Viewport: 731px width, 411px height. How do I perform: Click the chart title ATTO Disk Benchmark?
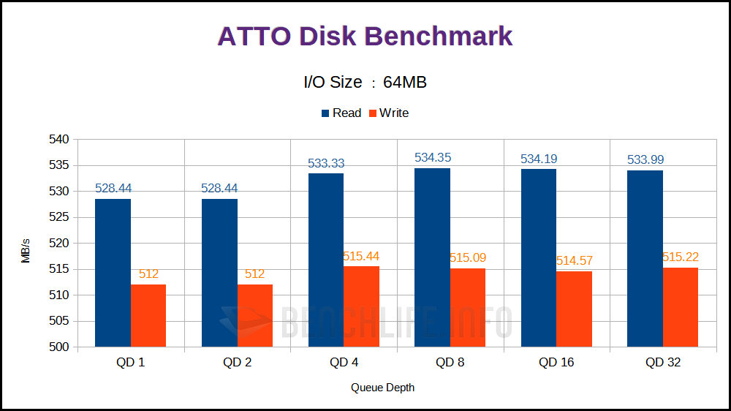click(x=365, y=37)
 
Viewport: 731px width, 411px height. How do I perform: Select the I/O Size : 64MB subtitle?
click(x=365, y=82)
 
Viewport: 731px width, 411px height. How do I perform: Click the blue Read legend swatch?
click(x=326, y=113)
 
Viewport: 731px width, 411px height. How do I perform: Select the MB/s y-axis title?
click(x=26, y=249)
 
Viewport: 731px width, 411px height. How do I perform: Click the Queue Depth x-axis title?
click(x=382, y=387)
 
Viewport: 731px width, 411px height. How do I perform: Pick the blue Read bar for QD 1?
click(x=113, y=273)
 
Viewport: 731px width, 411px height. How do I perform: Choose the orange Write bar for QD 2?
click(x=254, y=315)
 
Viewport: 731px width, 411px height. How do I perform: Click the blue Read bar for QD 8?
click(x=432, y=257)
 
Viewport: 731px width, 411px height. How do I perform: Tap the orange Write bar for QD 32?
click(x=680, y=307)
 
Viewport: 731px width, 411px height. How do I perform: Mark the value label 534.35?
click(x=432, y=157)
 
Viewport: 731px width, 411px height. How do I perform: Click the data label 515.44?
click(x=361, y=256)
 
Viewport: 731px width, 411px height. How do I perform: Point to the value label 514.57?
click(x=574, y=260)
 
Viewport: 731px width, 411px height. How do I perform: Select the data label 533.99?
click(x=645, y=159)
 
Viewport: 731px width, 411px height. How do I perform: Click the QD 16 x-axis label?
click(x=557, y=363)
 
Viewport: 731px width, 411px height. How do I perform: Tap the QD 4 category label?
click(x=344, y=363)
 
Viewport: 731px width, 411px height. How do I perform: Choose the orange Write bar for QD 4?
click(x=361, y=306)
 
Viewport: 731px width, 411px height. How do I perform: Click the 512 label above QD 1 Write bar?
click(x=148, y=274)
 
